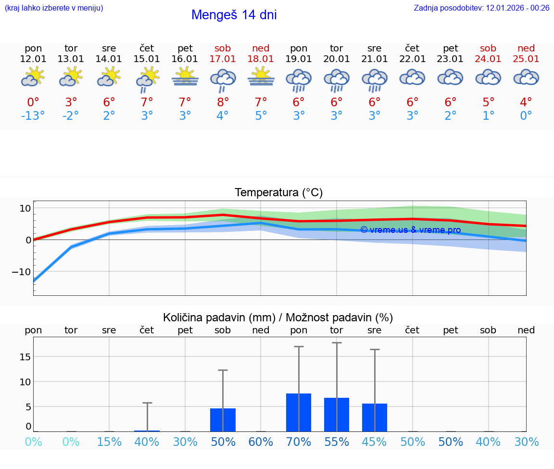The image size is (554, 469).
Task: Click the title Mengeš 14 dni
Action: (234, 15)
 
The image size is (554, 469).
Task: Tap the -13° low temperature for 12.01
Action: (33, 116)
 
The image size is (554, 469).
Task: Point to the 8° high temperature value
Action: (223, 102)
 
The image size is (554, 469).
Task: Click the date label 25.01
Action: (526, 59)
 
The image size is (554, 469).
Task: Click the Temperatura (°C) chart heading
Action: (278, 192)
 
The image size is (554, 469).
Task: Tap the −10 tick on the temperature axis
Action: (21, 272)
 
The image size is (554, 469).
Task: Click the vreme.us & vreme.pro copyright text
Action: (410, 230)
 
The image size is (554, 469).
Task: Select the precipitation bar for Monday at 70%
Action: (299, 412)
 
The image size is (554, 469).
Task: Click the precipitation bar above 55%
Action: (337, 414)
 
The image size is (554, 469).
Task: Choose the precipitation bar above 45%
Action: (375, 417)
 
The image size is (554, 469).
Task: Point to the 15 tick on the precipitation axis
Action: (25, 356)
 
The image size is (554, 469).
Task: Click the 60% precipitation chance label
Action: (261, 442)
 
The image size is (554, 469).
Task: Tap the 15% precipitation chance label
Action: (109, 442)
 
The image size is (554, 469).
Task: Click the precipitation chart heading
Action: (277, 317)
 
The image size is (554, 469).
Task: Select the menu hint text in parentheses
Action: (54, 8)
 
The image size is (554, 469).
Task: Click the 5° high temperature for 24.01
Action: (488, 102)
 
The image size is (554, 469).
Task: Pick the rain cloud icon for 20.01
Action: (337, 79)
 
